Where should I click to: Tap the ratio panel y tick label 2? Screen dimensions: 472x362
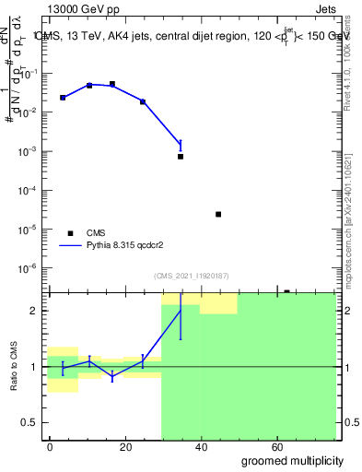click(38, 311)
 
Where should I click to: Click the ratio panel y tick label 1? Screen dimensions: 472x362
click(38, 367)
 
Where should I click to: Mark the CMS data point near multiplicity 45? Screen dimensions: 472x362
click(218, 214)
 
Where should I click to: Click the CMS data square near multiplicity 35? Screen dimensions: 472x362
click(181, 157)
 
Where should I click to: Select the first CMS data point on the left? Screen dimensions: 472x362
click(63, 98)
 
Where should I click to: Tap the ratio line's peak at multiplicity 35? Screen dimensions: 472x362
click(181, 310)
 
